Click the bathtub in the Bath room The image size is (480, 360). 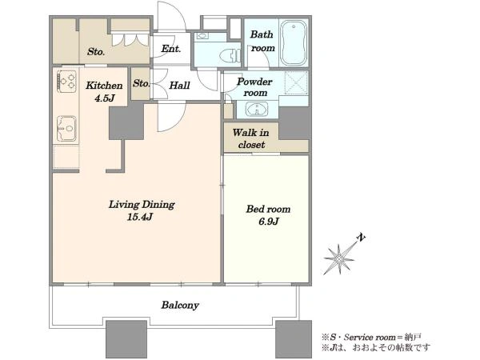[x=294, y=43]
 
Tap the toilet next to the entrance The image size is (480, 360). [x=230, y=56]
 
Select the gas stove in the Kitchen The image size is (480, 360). [x=66, y=82]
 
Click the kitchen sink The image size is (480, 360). [x=66, y=128]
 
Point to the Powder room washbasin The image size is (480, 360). [x=257, y=110]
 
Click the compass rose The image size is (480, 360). [x=339, y=259]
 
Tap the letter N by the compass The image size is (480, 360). [x=362, y=238]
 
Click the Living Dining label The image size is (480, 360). [x=142, y=205]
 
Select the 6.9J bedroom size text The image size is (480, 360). [x=269, y=222]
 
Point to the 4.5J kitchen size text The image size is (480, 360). [x=104, y=98]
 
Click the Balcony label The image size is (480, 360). [x=180, y=306]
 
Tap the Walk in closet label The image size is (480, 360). [x=251, y=138]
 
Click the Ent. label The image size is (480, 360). [x=171, y=49]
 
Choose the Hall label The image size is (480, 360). [x=179, y=86]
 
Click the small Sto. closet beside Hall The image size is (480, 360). [x=141, y=83]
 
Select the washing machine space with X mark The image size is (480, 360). [x=296, y=82]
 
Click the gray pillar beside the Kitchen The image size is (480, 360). [x=126, y=122]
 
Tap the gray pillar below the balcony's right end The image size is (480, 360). [x=294, y=339]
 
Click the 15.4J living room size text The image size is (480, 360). [x=140, y=218]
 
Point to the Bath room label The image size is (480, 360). [x=262, y=41]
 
